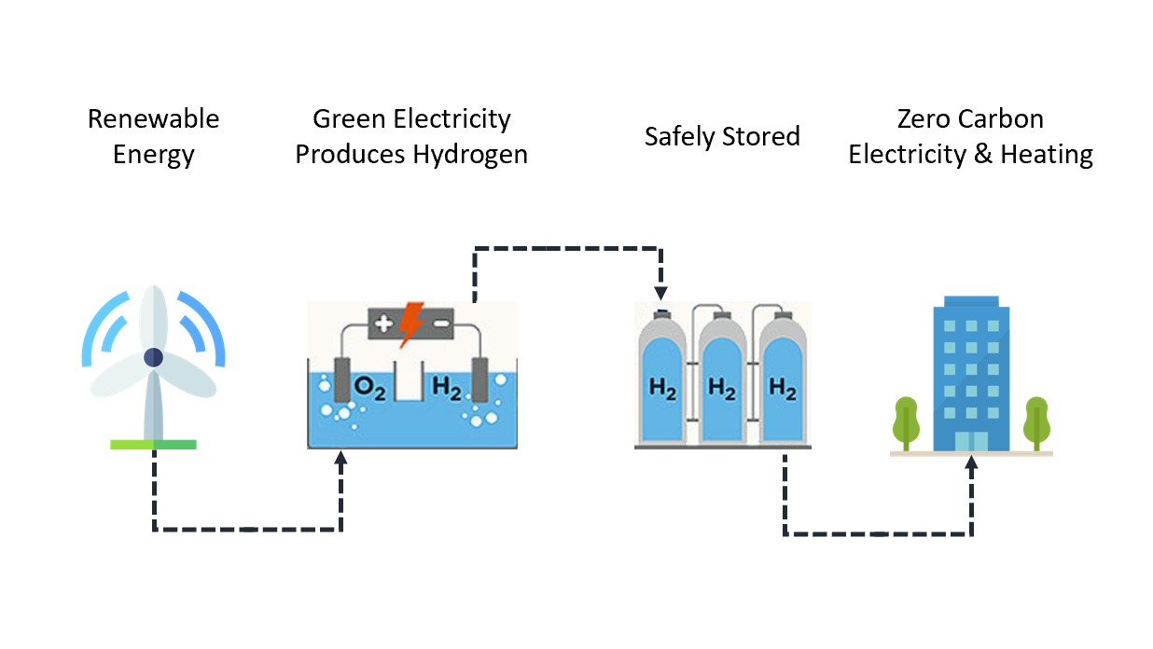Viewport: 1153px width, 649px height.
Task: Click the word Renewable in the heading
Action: coord(153,119)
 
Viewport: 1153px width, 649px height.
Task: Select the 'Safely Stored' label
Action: coord(722,137)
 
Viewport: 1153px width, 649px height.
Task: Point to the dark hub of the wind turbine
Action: coord(154,357)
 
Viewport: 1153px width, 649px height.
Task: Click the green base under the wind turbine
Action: coord(153,444)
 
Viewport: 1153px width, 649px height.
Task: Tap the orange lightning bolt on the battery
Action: coord(410,324)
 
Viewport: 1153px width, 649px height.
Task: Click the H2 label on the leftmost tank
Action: coord(661,389)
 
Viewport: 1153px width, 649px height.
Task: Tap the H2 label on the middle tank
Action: coord(721,389)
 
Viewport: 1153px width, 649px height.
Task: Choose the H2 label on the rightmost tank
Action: coord(782,389)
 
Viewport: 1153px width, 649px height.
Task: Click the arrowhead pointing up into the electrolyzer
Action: coord(340,458)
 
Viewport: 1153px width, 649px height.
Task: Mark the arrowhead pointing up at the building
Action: coord(971,463)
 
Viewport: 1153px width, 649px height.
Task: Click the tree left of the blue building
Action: coord(905,421)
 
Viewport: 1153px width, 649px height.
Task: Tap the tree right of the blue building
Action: coord(1036,421)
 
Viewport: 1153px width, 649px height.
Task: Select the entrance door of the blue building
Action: coord(971,441)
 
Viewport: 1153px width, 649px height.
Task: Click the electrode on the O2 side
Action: coord(342,381)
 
